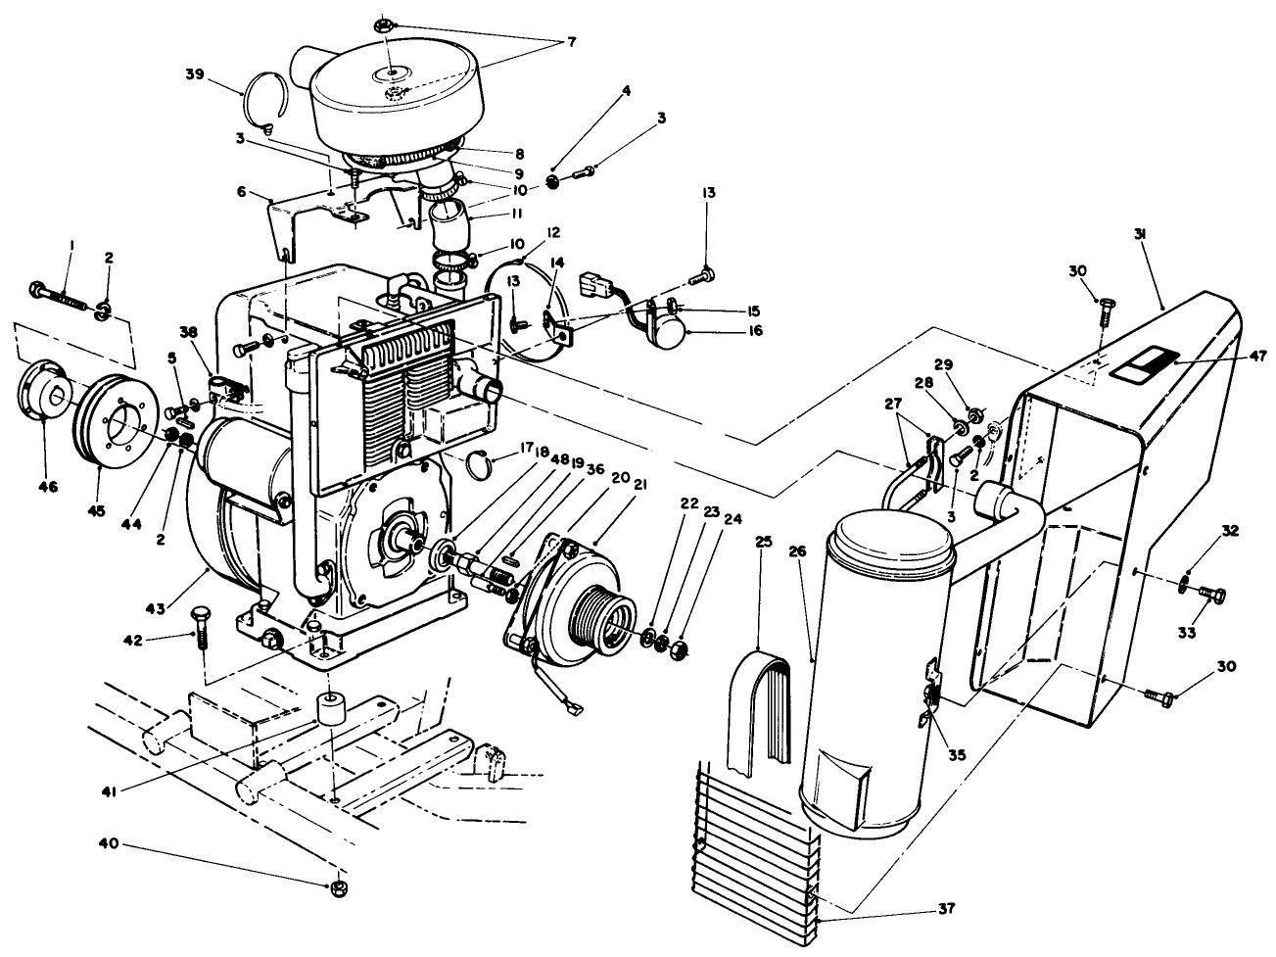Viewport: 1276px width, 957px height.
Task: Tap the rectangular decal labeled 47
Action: (1147, 364)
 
